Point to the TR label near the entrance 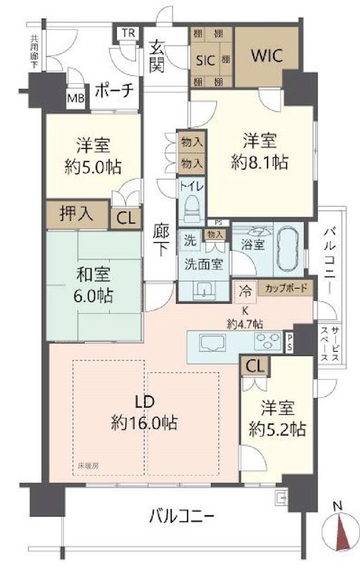[x=129, y=34]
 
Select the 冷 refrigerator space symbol [x=245, y=290]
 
